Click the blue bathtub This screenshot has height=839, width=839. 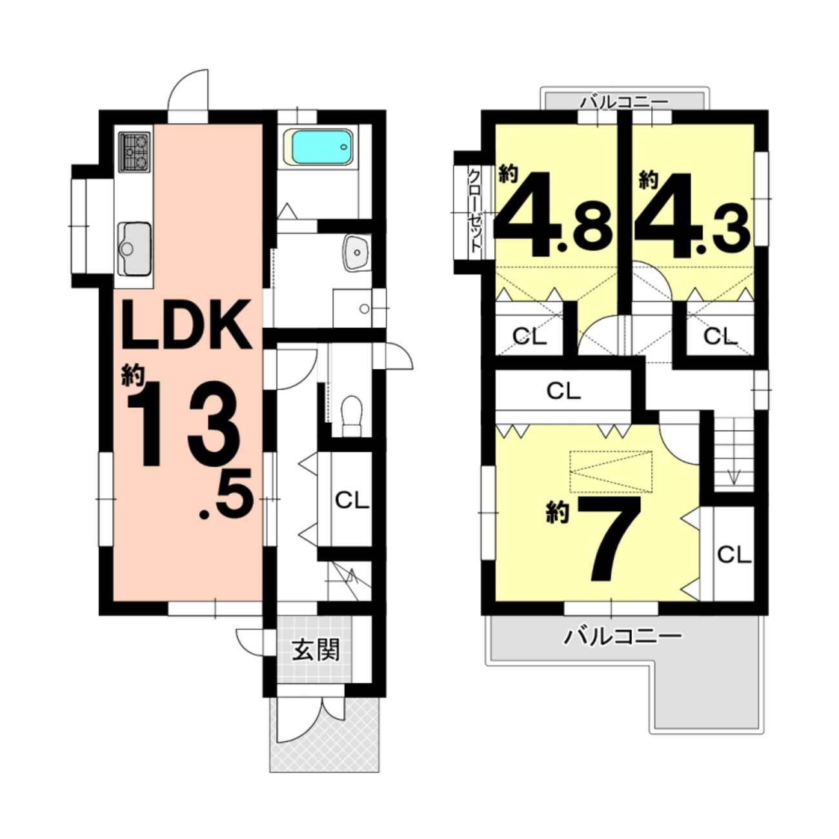pyautogui.click(x=322, y=147)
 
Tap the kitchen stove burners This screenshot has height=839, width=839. pyautogui.click(x=134, y=152)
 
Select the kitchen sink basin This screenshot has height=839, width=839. pyautogui.click(x=134, y=249)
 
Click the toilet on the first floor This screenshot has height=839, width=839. pyautogui.click(x=352, y=416)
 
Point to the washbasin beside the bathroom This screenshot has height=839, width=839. pyautogui.click(x=357, y=252)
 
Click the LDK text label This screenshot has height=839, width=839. pyautogui.click(x=187, y=325)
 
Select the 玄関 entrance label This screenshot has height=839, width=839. pyautogui.click(x=315, y=651)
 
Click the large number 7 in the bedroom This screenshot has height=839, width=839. pyautogui.click(x=609, y=540)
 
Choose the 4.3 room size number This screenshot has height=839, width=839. pyautogui.click(x=692, y=214)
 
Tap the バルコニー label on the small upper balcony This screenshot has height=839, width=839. pyautogui.click(x=625, y=103)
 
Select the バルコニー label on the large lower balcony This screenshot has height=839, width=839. pyautogui.click(x=623, y=638)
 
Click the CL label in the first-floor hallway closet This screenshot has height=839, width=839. pyautogui.click(x=352, y=501)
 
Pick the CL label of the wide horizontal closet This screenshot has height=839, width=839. pyautogui.click(x=563, y=391)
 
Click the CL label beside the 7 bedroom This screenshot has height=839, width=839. pyautogui.click(x=734, y=554)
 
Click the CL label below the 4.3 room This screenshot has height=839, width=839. pyautogui.click(x=721, y=336)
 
